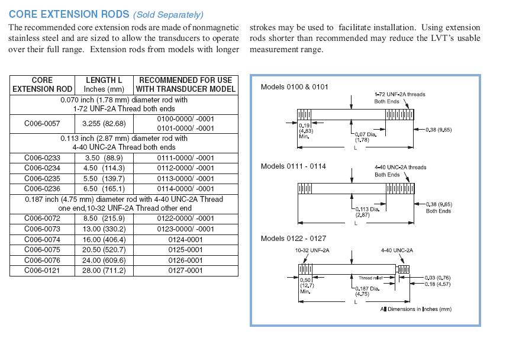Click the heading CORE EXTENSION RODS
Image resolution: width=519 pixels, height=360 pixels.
[x=62, y=14]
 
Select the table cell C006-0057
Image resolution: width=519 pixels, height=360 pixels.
[x=42, y=123]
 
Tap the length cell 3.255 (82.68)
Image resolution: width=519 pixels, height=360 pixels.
[x=104, y=123]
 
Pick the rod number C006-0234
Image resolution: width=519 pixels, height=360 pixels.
[x=42, y=168]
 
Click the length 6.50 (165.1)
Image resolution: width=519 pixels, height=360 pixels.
[x=104, y=188]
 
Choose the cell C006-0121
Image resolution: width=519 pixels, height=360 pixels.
[x=42, y=271]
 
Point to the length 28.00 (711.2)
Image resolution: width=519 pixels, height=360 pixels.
[x=104, y=271]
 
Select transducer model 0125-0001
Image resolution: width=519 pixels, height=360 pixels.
[x=186, y=250]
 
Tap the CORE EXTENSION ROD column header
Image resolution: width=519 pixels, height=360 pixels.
[x=42, y=85]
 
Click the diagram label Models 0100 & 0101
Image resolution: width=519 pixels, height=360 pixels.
[x=295, y=87]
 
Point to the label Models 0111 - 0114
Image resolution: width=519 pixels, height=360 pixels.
[x=294, y=166]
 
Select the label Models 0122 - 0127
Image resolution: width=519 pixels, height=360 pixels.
[x=294, y=238]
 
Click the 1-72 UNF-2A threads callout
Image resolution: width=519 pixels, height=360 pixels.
[x=399, y=94]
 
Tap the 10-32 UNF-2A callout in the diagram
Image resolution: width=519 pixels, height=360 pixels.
[x=312, y=250]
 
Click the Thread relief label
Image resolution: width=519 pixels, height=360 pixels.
[x=370, y=278]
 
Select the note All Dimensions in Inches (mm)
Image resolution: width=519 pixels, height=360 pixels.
[x=415, y=309]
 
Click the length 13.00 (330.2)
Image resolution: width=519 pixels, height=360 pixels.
[x=104, y=229]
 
